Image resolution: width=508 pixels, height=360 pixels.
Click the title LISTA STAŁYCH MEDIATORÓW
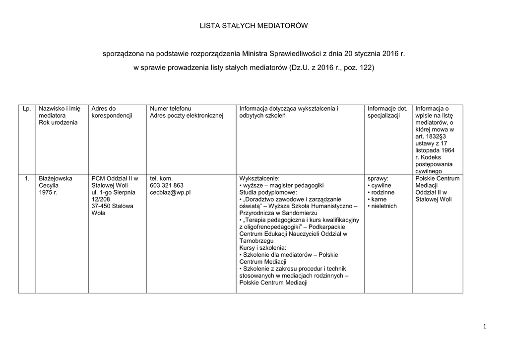pos(254,25)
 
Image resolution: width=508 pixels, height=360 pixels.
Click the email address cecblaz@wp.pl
pos(170,192)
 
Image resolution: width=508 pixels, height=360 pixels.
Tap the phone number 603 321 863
pos(167,185)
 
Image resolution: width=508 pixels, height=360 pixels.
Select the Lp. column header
pos(27,109)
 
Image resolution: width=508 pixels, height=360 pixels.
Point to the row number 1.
pos(27,178)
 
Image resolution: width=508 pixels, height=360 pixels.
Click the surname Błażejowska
pos(56,178)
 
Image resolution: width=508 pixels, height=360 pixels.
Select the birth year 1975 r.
pos(49,192)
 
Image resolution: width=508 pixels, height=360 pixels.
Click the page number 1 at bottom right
pos(484,326)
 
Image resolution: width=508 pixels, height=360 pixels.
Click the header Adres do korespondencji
pos(112,112)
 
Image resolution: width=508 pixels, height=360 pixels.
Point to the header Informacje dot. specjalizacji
pos(387,112)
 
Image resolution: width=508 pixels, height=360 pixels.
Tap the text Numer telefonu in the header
pos(171,109)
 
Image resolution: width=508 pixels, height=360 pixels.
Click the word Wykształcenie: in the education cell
pos(259,178)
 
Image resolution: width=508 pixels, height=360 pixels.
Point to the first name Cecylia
pos(49,185)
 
